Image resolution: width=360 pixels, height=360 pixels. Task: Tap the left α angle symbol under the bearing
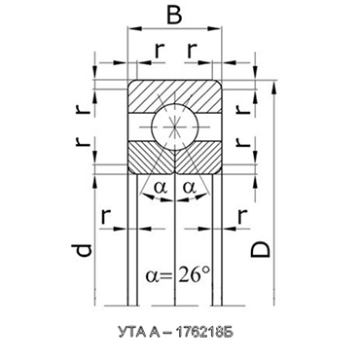point(160,184)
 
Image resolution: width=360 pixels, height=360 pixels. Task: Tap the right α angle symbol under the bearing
point(191,184)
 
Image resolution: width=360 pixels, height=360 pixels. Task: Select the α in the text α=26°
point(154,275)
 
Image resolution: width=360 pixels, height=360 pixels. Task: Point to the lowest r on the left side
point(104,214)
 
